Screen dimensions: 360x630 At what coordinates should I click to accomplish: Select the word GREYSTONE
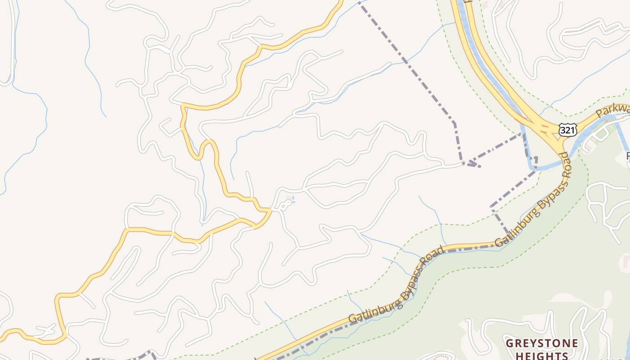point(542,343)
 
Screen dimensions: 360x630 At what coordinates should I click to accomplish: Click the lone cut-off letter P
point(628,156)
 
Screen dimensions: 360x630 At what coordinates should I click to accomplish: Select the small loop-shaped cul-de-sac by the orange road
point(284,206)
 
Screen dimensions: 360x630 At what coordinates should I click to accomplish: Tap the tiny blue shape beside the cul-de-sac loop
point(293,201)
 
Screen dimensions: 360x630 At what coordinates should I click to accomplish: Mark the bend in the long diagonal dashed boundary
point(454,122)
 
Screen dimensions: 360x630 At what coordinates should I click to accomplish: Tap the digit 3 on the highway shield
point(564,130)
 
